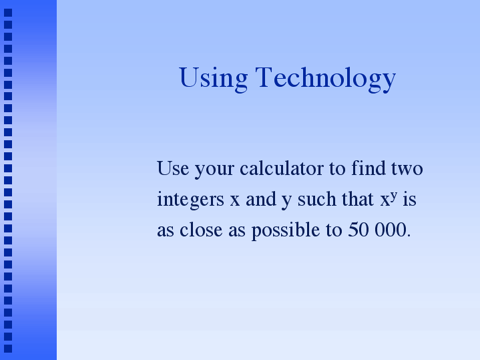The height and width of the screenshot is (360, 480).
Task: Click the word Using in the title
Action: (213, 79)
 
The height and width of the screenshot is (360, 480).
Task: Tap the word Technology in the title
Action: (326, 79)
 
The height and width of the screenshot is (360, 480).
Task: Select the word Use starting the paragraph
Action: (173, 168)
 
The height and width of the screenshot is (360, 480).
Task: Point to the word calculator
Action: (282, 168)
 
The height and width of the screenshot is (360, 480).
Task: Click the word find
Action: (369, 168)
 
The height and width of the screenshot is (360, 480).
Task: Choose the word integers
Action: (190, 200)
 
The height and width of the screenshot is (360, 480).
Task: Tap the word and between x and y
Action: (261, 199)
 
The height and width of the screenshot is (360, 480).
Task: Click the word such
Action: (317, 199)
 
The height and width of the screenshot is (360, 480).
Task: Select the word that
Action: (358, 199)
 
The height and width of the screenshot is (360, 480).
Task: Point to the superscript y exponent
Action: (394, 196)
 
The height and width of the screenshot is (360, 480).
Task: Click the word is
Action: (410, 199)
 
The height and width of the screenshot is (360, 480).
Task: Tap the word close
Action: (201, 230)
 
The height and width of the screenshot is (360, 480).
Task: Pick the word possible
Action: (286, 231)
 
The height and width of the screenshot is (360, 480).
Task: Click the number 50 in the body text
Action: (358, 230)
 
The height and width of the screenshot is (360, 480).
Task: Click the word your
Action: (214, 170)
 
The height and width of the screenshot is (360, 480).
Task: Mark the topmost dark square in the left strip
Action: (8, 13)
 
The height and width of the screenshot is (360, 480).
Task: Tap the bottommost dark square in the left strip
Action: (8, 349)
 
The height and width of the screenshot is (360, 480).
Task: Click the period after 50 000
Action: (409, 236)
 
